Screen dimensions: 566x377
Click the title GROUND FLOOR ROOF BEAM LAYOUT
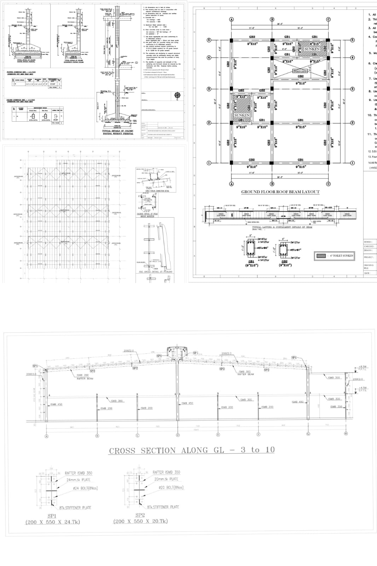pyautogui.click(x=280, y=192)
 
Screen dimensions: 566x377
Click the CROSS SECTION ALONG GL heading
pyautogui.click(x=192, y=450)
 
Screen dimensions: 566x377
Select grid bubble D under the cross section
pyautogui.click(x=178, y=435)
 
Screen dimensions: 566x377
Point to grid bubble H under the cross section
pyautogui.click(x=346, y=433)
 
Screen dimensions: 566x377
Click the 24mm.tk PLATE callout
pyautogui.click(x=78, y=480)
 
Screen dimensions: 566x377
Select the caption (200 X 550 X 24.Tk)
pyautogui.click(x=52, y=522)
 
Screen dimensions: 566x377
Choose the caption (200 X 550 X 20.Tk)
pyautogui.click(x=140, y=521)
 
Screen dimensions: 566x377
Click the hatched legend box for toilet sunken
pyautogui.click(x=321, y=255)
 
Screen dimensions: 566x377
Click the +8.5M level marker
pyautogui.click(x=362, y=367)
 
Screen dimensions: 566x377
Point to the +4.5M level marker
pyautogui.click(x=362, y=388)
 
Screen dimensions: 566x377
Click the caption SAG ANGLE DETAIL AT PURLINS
pyautogui.click(x=155, y=272)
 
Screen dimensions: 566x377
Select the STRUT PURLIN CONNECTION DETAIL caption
pyautogui.click(x=153, y=191)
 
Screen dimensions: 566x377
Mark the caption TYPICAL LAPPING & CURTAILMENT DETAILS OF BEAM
pyautogui.click(x=282, y=227)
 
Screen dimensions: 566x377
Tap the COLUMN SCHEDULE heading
pyautogui.click(x=21, y=100)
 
